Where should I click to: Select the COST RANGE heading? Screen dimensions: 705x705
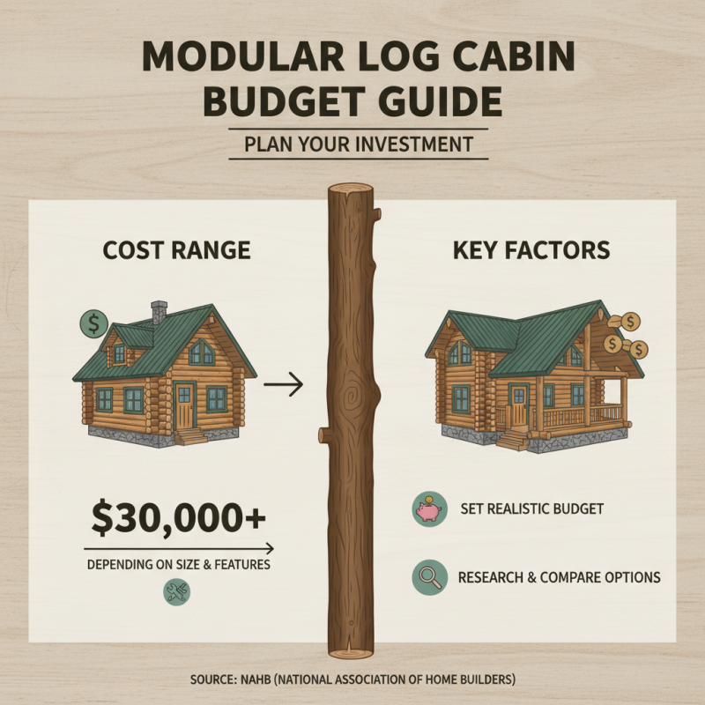(177, 250)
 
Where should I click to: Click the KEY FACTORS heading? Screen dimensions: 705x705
(531, 250)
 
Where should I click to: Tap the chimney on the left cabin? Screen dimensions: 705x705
(160, 312)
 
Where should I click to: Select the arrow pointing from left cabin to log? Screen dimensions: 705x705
(283, 384)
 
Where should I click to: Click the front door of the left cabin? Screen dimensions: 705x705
(185, 406)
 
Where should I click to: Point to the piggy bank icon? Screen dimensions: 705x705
(427, 508)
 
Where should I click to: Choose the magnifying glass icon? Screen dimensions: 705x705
(427, 578)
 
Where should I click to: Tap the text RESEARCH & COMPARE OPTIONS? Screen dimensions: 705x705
(559, 578)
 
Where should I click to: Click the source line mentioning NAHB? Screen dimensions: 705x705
(352, 679)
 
